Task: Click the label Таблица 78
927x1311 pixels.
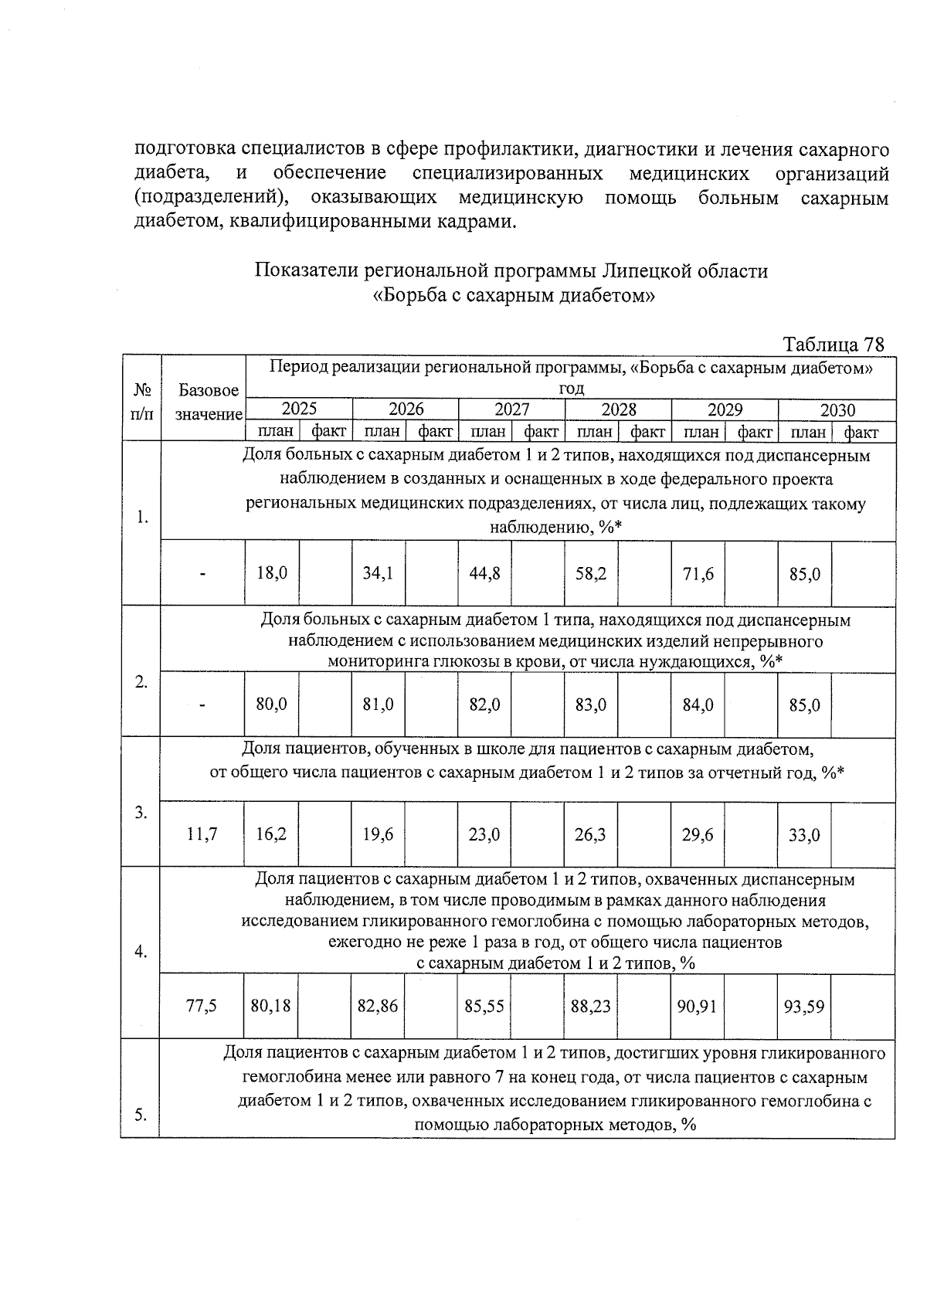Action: pyautogui.click(x=833, y=344)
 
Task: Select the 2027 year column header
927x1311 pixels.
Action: pyautogui.click(x=511, y=409)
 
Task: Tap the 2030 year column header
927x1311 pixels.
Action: pyautogui.click(x=837, y=410)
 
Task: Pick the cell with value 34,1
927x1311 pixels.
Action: pyautogui.click(x=378, y=574)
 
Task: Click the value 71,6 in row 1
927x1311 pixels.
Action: pyautogui.click(x=698, y=574)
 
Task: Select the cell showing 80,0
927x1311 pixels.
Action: pyautogui.click(x=271, y=705)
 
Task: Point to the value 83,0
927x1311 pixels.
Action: pyautogui.click(x=591, y=705)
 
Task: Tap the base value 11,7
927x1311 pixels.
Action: pyautogui.click(x=202, y=835)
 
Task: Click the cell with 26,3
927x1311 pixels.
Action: pyautogui.click(x=591, y=835)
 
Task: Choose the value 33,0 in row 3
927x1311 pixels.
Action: pyautogui.click(x=804, y=835)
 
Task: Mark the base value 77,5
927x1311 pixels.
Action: pyautogui.click(x=202, y=1007)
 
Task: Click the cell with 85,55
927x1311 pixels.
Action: pyautogui.click(x=484, y=1007)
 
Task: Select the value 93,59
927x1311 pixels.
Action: pyautogui.click(x=804, y=1007)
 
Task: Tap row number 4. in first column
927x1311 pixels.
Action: pyautogui.click(x=141, y=953)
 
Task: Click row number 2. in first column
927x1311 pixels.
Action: pyautogui.click(x=141, y=682)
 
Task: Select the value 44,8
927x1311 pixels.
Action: pyautogui.click(x=484, y=574)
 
